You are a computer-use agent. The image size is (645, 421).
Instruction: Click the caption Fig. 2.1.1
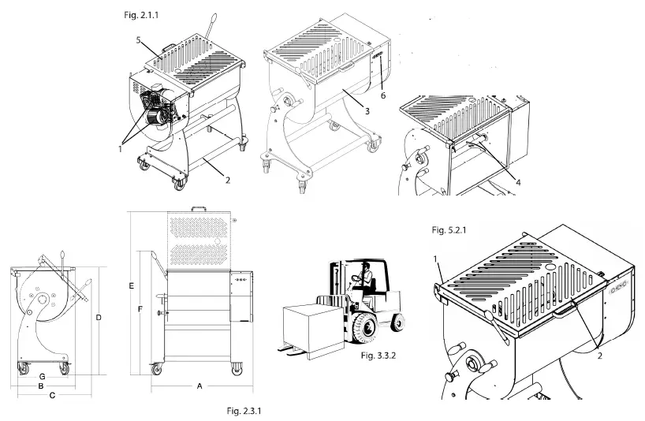(145, 15)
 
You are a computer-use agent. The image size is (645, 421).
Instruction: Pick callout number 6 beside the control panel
(383, 95)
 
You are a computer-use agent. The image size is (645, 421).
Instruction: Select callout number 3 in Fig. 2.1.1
(367, 112)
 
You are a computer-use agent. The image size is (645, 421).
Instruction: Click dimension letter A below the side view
(199, 386)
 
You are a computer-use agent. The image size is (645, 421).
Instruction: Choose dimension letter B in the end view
(41, 386)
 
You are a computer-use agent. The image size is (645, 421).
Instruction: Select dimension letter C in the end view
(52, 396)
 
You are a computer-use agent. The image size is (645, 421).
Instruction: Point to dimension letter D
(98, 318)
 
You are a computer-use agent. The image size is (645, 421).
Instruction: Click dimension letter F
(140, 310)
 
